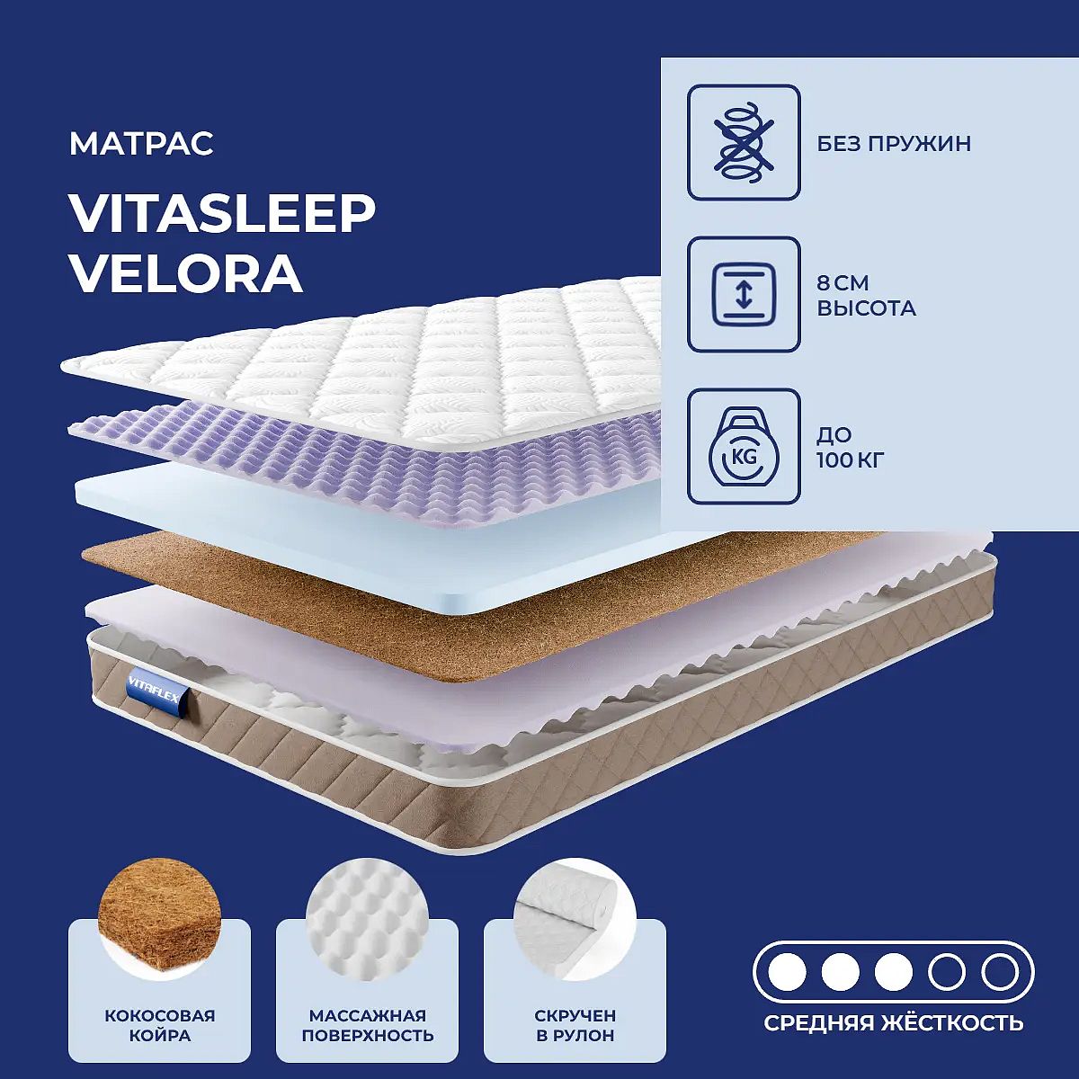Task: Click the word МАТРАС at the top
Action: click(141, 144)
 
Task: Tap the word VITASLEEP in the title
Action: click(222, 214)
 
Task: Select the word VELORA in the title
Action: click(186, 274)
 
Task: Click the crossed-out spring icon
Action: click(744, 142)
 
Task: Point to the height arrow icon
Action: click(744, 295)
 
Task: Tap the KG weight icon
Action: click(744, 447)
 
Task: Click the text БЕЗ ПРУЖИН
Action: click(894, 144)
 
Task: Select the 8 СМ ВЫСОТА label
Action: click(866, 295)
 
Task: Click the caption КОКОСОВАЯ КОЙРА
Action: click(159, 1025)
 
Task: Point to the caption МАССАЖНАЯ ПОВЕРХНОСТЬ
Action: click(368, 1025)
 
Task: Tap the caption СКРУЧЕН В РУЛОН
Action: click(575, 1025)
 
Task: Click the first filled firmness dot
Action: click(788, 972)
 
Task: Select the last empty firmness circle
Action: click(1000, 972)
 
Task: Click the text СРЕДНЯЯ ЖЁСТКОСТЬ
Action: click(894, 1022)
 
